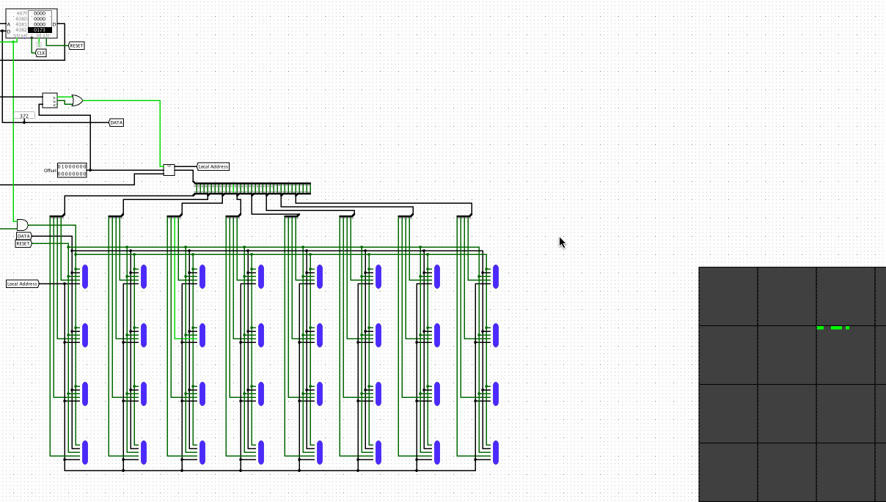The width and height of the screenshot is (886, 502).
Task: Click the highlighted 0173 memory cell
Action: click(40, 29)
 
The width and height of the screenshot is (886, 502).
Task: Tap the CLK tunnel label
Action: click(41, 53)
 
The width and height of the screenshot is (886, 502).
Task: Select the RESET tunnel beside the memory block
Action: click(76, 45)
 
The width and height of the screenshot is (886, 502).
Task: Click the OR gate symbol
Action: click(76, 100)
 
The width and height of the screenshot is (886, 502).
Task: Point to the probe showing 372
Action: click(24, 116)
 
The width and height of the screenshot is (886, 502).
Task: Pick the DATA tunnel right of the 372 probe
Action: click(117, 122)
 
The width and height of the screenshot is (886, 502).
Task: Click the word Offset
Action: click(50, 170)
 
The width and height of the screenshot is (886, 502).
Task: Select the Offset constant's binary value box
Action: click(72, 170)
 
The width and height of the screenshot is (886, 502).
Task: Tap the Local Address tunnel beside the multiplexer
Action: click(213, 166)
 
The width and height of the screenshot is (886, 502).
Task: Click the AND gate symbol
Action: click(22, 224)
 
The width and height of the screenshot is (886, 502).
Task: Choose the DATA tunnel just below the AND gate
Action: click(23, 236)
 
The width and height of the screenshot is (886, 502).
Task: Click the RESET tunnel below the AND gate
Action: click(23, 243)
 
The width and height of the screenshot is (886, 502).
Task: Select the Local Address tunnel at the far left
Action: click(22, 284)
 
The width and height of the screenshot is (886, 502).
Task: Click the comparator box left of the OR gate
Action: click(50, 100)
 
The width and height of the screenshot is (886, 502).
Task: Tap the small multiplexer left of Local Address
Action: click(169, 169)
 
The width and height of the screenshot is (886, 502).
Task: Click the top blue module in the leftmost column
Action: click(85, 276)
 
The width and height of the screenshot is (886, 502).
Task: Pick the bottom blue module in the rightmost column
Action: click(497, 452)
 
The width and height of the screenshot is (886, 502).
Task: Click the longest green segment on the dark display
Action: click(836, 328)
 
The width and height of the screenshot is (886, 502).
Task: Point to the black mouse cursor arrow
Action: click(563, 242)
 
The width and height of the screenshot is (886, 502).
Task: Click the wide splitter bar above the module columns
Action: click(252, 188)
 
